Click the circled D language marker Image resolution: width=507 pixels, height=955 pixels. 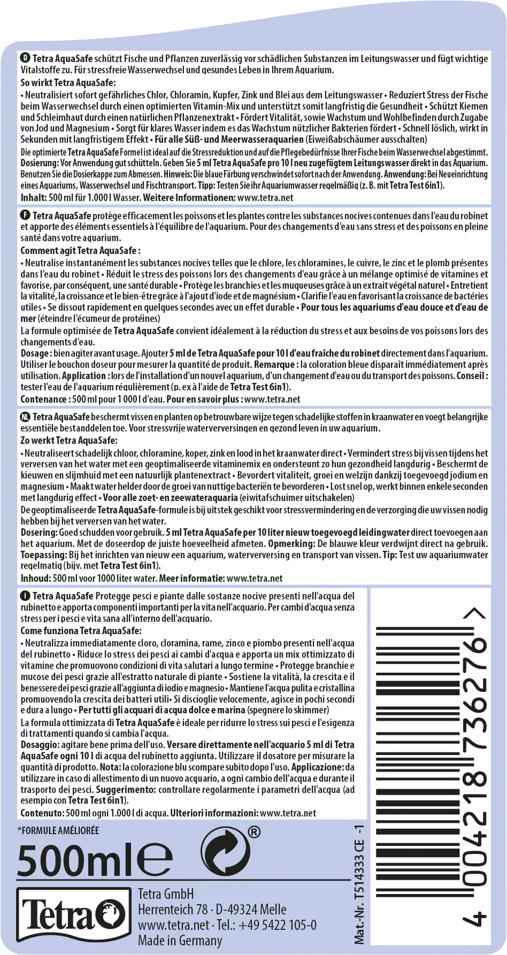(25, 58)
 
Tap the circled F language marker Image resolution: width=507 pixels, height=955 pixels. (25, 215)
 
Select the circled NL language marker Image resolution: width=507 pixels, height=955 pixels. (25, 417)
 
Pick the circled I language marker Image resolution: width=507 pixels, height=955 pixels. (25, 596)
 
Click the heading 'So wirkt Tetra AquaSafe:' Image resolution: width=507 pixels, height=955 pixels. (68, 82)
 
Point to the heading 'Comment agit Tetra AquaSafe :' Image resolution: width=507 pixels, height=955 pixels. (80, 250)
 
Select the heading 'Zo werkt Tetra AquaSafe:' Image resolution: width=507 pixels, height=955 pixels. (68, 440)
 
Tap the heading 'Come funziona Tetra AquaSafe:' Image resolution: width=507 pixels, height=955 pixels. (81, 630)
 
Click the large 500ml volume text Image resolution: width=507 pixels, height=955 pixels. (77, 861)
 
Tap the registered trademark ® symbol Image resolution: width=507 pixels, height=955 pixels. (255, 832)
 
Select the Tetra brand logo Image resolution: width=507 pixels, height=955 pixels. (72, 917)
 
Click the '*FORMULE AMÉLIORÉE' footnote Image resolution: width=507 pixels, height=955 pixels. (58, 830)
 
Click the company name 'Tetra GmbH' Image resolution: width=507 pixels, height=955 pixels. (166, 894)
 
